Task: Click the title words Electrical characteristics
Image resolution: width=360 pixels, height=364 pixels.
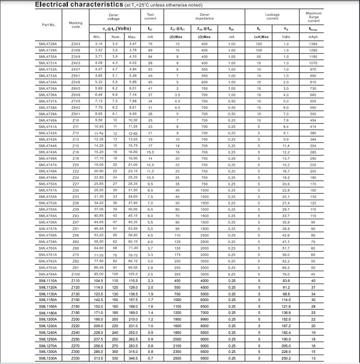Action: [79, 5]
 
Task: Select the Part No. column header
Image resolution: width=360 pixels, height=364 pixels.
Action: [48, 25]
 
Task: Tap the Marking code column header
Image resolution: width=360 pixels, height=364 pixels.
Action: [76, 25]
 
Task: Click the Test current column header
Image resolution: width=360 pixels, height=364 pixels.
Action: [150, 16]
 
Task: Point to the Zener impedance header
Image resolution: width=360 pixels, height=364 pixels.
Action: [204, 16]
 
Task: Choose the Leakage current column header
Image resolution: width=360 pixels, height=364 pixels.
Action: [272, 16]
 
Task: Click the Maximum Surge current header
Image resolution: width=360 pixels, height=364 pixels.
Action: [313, 17]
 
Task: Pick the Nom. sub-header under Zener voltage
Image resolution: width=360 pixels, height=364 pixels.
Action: [115, 37]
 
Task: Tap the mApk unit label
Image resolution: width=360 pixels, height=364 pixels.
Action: [313, 37]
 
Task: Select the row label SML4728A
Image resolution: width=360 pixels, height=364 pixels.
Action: [48, 44]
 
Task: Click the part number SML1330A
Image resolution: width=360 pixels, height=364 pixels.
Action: [48, 358]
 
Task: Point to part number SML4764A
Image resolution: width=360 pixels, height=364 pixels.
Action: [48, 274]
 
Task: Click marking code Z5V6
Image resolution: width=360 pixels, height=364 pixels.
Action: [76, 82]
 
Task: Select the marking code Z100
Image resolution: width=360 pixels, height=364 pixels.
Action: [76, 274]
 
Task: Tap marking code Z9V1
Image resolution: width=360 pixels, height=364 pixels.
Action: [76, 114]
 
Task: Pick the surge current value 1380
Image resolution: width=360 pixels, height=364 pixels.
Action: [313, 44]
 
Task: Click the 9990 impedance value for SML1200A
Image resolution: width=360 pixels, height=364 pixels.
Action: [204, 319]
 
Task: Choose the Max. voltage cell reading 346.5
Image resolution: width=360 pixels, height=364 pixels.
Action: [132, 358]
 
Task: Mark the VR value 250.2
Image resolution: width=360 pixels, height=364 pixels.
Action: [286, 358]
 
